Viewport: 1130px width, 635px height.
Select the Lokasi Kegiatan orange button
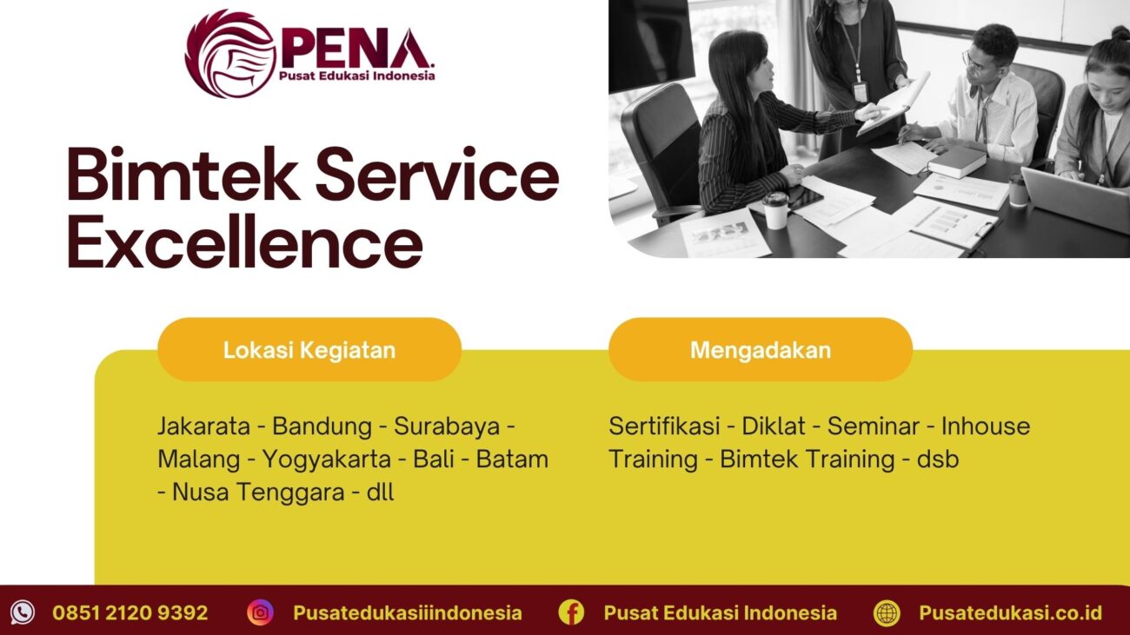click(309, 350)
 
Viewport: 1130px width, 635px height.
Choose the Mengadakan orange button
click(760, 350)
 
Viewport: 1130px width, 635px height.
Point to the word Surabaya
click(447, 427)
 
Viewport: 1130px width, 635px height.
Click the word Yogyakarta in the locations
click(326, 459)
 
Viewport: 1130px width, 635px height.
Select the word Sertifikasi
click(664, 427)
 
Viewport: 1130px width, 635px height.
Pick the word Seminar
click(873, 427)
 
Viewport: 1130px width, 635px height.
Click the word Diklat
click(774, 427)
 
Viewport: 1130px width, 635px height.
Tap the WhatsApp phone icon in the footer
click(23, 612)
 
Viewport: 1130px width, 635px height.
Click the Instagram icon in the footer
click(260, 612)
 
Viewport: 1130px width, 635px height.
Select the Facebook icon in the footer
click(571, 612)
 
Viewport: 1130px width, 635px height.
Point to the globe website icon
click(887, 612)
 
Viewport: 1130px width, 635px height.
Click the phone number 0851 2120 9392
click(130, 612)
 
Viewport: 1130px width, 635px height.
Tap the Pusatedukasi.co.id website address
click(1010, 612)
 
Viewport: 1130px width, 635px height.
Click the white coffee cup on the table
click(774, 210)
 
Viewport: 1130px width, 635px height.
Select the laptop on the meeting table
click(1076, 198)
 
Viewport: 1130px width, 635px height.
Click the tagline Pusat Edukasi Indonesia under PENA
click(356, 76)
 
